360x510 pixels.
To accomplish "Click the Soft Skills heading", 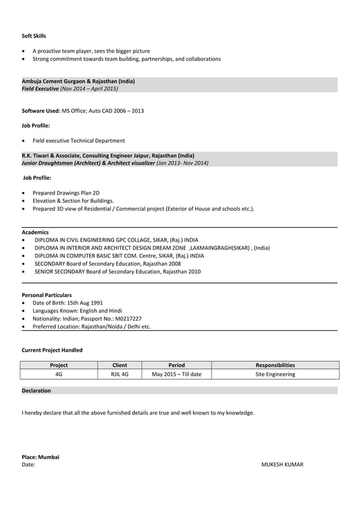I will point(34,36).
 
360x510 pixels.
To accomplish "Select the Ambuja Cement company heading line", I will point(78,81).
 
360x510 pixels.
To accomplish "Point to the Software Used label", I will point(41,111).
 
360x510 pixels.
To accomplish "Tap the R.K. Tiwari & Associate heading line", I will point(108,155).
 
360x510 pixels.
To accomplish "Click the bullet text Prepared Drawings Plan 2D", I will point(66,193).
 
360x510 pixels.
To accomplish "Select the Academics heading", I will point(35,232).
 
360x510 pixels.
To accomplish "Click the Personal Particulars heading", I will point(46,295).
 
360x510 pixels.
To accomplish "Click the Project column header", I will point(59,365).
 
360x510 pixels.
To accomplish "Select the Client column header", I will point(120,365).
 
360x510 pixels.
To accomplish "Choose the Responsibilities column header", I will point(275,365).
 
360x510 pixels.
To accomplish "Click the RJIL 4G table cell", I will point(120,374).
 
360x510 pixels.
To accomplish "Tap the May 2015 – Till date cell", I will point(177,374).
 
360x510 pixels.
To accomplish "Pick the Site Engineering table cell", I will point(275,374).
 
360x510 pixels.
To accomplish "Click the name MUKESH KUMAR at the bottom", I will point(282,465).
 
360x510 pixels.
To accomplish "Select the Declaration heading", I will point(36,390).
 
